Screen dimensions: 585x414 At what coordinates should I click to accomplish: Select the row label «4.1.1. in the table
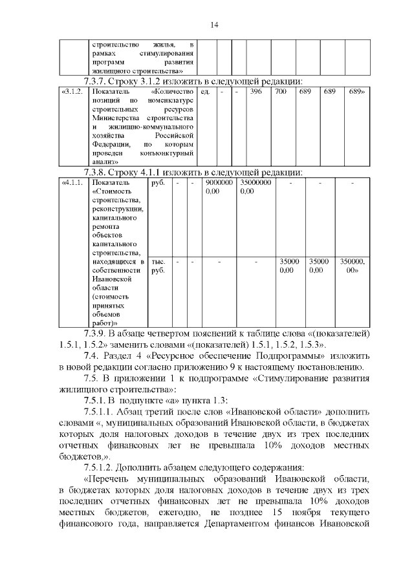(71, 184)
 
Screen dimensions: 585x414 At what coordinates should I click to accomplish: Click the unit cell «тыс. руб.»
(158, 266)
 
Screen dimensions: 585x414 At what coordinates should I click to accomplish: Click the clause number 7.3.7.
(99, 81)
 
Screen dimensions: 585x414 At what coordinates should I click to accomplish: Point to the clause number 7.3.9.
(99, 332)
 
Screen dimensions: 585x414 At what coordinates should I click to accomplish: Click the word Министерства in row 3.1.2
(118, 119)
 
